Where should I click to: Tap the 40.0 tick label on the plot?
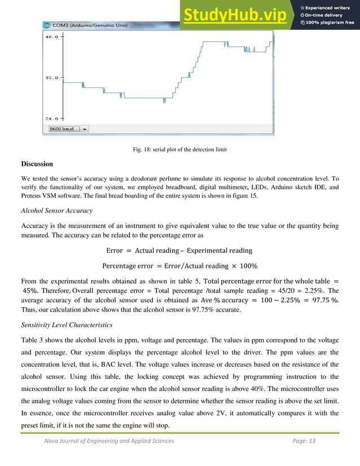[51, 37]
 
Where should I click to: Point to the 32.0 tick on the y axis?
[51, 78]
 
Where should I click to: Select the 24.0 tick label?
[51, 118]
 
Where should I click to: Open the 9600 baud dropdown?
[68, 129]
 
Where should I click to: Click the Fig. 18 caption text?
[179, 149]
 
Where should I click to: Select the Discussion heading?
[37, 164]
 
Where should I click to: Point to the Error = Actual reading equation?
[179, 250]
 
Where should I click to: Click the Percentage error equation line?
[179, 266]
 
